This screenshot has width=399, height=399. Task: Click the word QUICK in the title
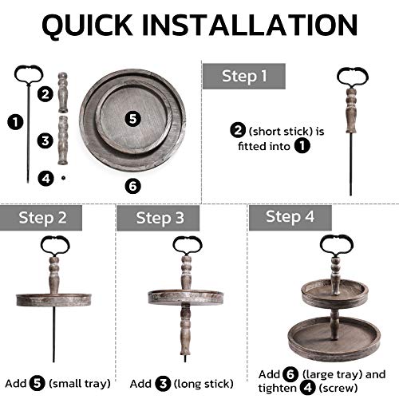coord(87,26)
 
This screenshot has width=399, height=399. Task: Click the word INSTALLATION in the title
coord(250,25)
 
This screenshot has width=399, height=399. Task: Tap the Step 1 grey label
coord(244,76)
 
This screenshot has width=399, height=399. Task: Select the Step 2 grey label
coord(41,218)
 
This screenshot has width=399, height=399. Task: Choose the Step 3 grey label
coord(158,218)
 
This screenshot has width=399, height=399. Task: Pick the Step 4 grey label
coord(290,217)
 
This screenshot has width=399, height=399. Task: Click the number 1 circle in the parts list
coord(15,122)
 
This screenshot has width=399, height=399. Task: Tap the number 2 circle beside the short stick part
coord(45,94)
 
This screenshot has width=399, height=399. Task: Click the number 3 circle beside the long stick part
coord(45,140)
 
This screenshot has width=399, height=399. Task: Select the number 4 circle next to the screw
coord(45,178)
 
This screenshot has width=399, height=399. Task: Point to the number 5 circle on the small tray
coord(132,119)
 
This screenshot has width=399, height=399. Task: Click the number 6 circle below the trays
coord(132,186)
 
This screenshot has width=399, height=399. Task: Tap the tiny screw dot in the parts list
coord(63,178)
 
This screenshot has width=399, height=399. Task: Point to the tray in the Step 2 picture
coord(53,300)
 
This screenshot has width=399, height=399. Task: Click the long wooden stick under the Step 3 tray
coord(185,330)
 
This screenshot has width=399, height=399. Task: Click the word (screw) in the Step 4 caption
coord(338,388)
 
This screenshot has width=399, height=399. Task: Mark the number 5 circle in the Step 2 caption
coord(37,383)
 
